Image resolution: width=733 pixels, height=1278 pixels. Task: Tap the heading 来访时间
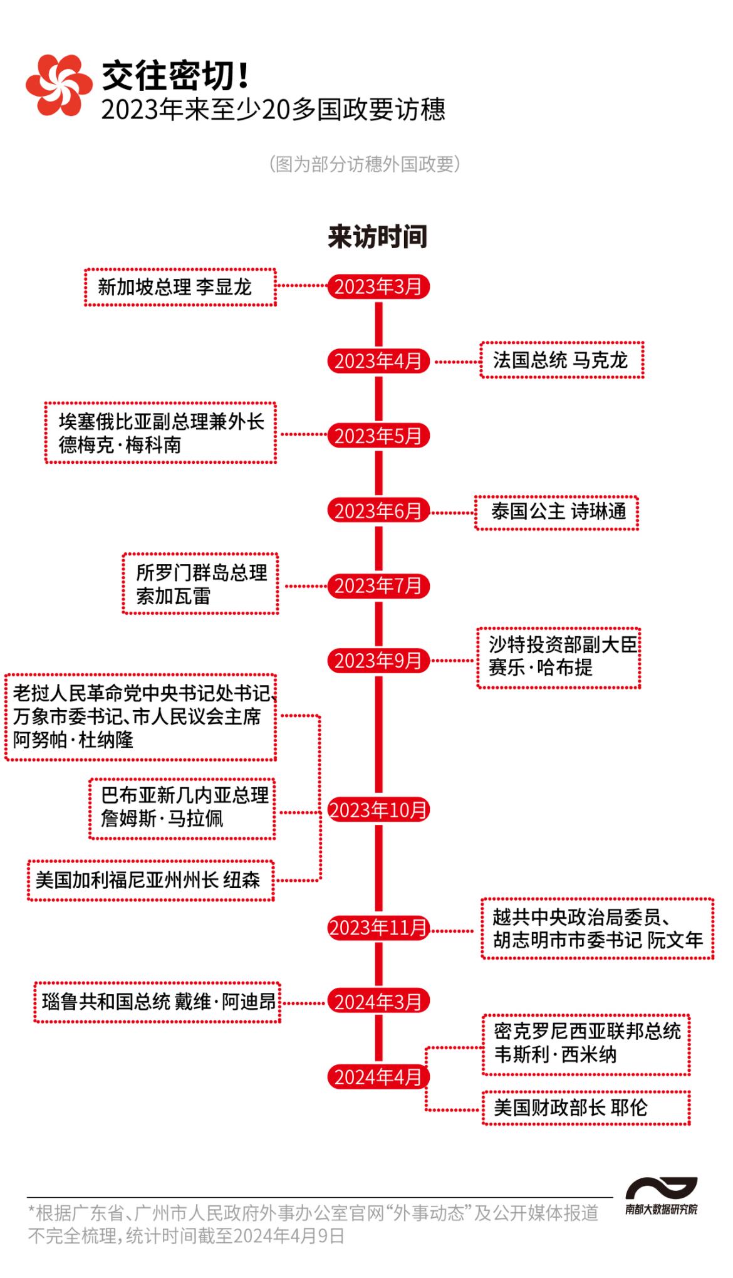pos(377,236)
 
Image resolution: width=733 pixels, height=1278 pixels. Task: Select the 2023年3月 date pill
pos(378,286)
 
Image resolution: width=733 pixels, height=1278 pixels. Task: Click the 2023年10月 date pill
pos(378,810)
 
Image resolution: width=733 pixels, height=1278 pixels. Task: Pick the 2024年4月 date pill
pos(378,1077)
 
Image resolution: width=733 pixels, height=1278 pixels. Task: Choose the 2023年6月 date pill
pos(378,511)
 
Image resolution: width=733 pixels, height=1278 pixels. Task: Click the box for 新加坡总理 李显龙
pos(180,287)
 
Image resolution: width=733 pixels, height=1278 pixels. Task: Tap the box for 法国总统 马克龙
pos(561,360)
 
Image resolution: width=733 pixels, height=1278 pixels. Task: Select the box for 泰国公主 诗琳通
pos(556,511)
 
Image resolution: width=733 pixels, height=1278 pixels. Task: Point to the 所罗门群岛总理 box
pos(200,584)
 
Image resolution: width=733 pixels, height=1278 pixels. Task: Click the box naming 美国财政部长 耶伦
pos(585,1108)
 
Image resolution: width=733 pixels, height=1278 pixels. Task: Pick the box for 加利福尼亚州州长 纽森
pos(150,880)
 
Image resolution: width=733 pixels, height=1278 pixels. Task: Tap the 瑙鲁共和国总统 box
pos(157,1002)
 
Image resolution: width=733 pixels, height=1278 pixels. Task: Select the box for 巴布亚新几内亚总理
pos(182,807)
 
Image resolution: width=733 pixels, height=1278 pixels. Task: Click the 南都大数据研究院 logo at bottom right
pos(661,1196)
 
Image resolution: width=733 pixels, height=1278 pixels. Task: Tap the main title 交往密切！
pos(175,75)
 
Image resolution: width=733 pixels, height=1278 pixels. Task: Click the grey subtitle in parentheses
pos(365,164)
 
